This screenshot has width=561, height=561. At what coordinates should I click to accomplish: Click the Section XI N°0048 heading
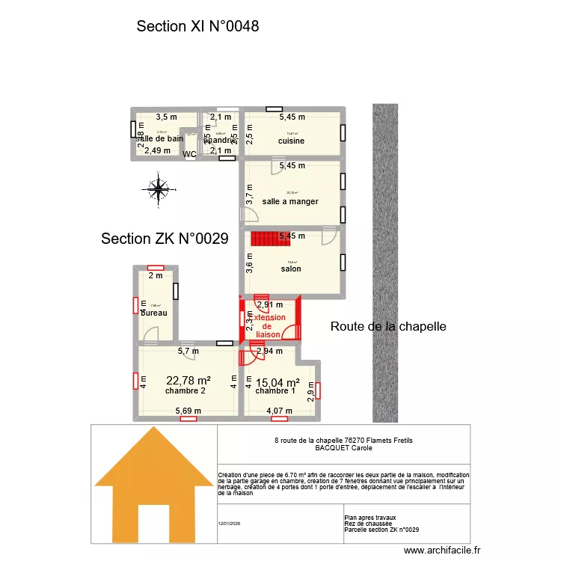tap(197, 27)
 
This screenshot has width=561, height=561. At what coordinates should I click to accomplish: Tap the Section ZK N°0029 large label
tap(165, 239)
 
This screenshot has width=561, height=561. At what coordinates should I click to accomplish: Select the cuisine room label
tap(291, 141)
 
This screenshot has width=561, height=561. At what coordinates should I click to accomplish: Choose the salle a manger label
tap(290, 201)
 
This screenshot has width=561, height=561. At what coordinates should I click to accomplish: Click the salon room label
tap(291, 269)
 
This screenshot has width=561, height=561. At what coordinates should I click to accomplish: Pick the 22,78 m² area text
tap(188, 380)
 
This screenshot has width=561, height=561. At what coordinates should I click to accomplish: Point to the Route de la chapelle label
tap(388, 327)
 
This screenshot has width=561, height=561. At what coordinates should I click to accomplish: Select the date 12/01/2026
tap(229, 524)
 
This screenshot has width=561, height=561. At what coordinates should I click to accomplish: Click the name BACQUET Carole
tap(343, 448)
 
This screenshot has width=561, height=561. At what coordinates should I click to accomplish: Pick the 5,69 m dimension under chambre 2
tap(188, 411)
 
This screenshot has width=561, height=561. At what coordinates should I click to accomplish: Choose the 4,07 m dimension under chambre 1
tap(279, 411)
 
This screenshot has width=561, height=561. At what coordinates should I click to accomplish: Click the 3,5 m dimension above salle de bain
tap(166, 117)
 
